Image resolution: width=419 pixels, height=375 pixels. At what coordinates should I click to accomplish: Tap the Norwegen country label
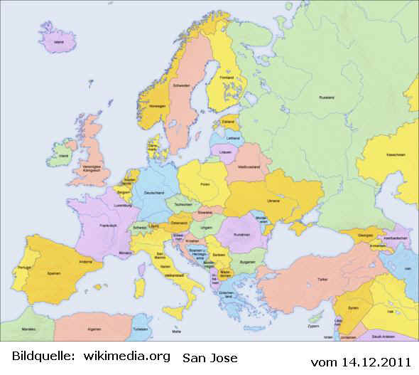(158, 106)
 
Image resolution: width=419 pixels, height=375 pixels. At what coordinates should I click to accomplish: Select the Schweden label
(180, 85)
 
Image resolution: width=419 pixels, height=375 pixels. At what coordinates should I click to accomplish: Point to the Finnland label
(227, 78)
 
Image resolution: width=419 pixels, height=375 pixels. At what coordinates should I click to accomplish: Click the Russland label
(327, 97)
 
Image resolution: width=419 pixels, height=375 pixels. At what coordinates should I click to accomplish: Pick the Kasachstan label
(396, 155)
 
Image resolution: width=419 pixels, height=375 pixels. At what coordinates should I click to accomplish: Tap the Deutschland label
(154, 193)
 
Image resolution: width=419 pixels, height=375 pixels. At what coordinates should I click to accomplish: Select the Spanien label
(53, 273)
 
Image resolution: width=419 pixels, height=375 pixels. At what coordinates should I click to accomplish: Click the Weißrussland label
(246, 167)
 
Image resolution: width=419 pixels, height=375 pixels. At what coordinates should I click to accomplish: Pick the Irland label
(63, 156)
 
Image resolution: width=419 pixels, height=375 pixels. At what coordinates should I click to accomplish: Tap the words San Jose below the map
(210, 357)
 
